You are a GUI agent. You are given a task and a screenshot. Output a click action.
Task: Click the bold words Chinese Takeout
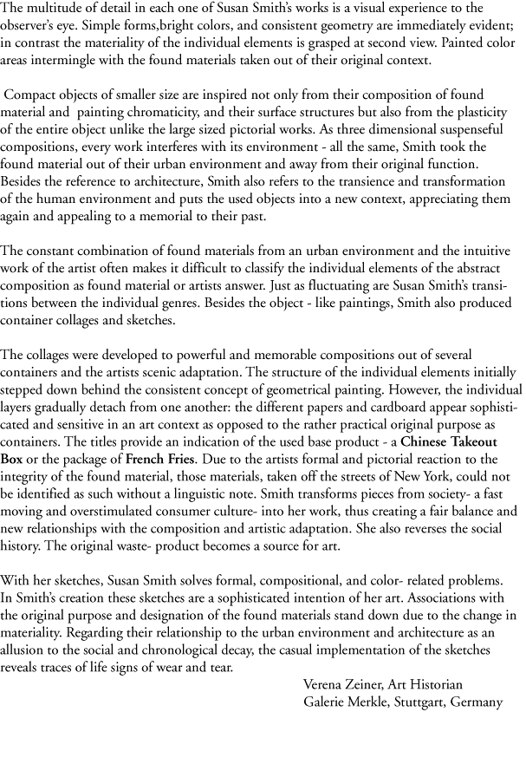(449, 442)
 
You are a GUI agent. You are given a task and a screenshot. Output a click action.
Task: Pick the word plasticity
(476, 111)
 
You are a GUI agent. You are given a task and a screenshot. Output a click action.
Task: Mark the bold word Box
(15, 459)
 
